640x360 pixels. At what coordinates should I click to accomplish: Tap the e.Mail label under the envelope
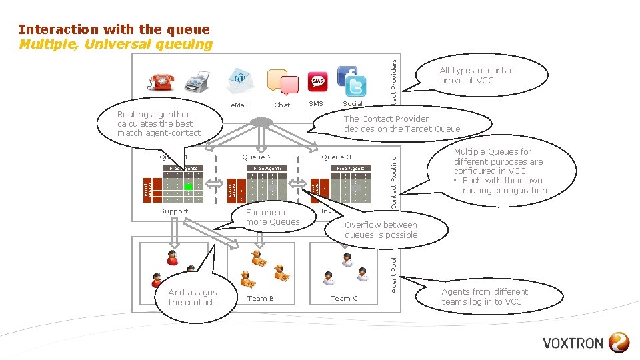239,105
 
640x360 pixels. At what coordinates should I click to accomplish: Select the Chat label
282,105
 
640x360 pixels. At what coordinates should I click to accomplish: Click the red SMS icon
318,81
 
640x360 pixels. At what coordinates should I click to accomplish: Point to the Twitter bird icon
355,87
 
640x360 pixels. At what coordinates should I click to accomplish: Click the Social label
352,104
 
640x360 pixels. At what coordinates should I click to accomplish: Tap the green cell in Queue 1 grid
189,186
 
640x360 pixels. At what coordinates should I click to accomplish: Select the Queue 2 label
257,157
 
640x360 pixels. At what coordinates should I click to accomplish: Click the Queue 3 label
336,157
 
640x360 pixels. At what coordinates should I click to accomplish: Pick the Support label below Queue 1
174,211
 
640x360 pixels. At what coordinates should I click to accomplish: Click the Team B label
261,299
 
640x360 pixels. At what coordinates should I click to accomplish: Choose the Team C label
345,299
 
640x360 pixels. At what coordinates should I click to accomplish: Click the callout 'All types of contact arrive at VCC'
478,75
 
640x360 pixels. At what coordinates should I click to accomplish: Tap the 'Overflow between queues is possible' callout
381,230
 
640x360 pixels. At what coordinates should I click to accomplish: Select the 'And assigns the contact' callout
192,297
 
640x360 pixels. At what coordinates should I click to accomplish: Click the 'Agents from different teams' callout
484,297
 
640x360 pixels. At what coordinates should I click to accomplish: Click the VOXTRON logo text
573,344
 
